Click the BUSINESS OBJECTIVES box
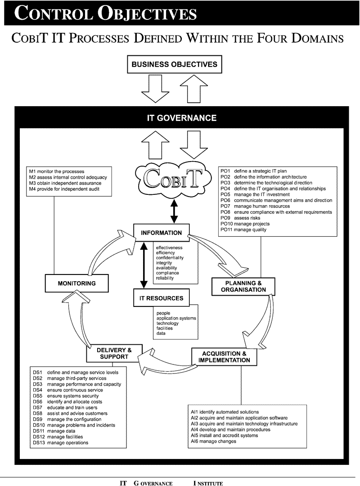[174, 64]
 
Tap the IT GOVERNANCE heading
[181, 118]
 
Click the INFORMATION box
[161, 233]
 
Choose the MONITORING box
[76, 283]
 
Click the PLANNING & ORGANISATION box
[243, 287]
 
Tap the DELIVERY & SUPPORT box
[114, 353]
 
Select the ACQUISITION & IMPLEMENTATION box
[223, 357]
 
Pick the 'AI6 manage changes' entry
[213, 441]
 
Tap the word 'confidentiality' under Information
[170, 258]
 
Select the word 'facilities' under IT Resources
[164, 328]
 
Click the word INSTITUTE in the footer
[208, 483]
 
